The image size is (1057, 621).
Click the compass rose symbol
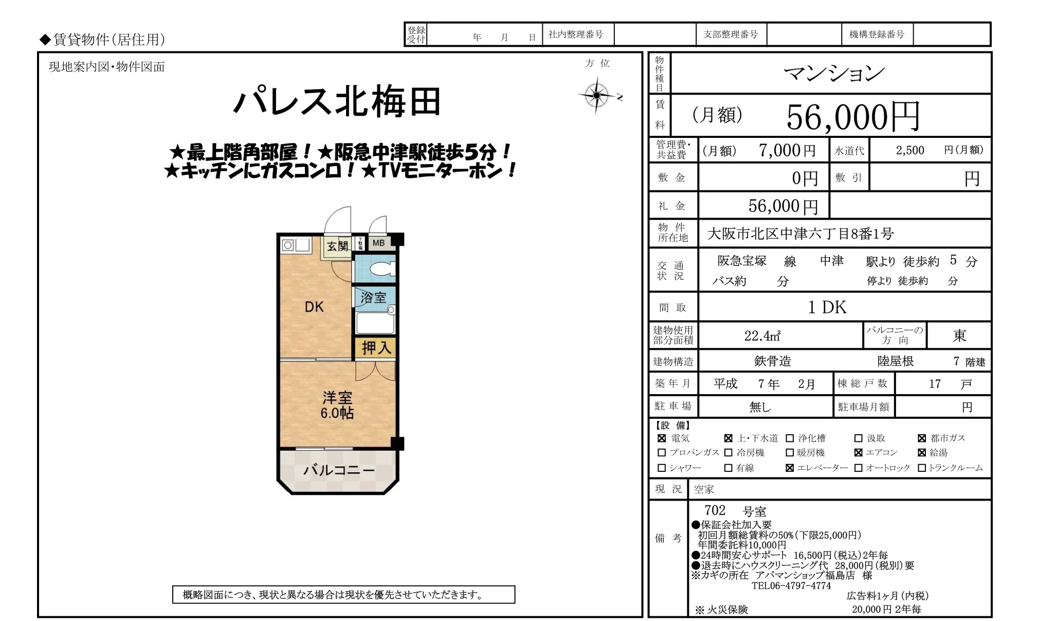pyautogui.click(x=596, y=95)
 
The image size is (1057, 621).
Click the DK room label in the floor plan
pyautogui.click(x=314, y=307)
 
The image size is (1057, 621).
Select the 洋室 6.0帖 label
pyautogui.click(x=337, y=405)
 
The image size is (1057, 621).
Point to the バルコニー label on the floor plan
pyautogui.click(x=339, y=470)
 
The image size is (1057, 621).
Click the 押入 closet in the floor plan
pyautogui.click(x=376, y=348)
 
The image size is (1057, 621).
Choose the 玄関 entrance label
pyautogui.click(x=338, y=246)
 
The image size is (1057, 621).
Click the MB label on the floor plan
pyautogui.click(x=378, y=243)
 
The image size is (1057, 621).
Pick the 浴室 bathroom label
pyautogui.click(x=373, y=297)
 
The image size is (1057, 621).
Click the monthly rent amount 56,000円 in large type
pyautogui.click(x=853, y=117)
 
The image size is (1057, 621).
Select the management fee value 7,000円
pyautogui.click(x=787, y=150)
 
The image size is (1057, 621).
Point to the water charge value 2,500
pyautogui.click(x=910, y=150)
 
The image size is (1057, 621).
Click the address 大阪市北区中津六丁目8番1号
pyautogui.click(x=800, y=234)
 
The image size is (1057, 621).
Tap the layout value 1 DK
pyautogui.click(x=827, y=307)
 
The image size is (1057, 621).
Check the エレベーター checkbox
pyautogui.click(x=790, y=468)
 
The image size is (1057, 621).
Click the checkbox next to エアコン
pyautogui.click(x=858, y=453)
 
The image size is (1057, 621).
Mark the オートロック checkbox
pyautogui.click(x=858, y=468)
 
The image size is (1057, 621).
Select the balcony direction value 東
pyautogui.click(x=959, y=336)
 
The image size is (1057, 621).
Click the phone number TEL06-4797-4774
pyautogui.click(x=791, y=585)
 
